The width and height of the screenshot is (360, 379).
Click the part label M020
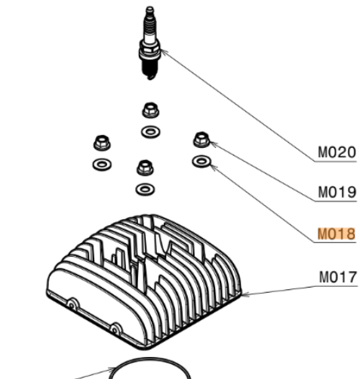click(x=337, y=153)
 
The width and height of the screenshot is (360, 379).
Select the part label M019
click(x=337, y=193)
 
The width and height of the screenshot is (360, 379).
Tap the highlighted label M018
click(x=337, y=234)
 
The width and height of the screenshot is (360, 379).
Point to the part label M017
click(x=338, y=277)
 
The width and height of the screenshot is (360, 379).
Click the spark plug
click(x=150, y=43)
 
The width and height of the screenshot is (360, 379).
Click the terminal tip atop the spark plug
click(x=149, y=9)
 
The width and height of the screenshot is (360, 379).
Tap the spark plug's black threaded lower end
click(x=150, y=69)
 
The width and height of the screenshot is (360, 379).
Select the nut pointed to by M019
click(x=202, y=140)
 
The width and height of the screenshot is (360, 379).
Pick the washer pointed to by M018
click(x=202, y=161)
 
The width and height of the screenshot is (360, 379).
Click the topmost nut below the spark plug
click(x=150, y=110)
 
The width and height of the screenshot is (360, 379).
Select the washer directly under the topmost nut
click(x=150, y=132)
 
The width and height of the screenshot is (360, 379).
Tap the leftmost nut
click(x=102, y=143)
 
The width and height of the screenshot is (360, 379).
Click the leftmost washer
click(x=102, y=165)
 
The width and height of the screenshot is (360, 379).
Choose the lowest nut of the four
click(x=146, y=168)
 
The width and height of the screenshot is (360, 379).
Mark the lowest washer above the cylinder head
click(x=145, y=189)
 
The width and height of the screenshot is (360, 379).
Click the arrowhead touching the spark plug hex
click(x=163, y=52)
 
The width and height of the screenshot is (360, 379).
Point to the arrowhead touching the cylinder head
click(x=245, y=294)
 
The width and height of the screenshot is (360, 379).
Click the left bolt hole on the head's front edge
click(x=72, y=306)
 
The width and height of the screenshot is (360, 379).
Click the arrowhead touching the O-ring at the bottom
click(x=112, y=370)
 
